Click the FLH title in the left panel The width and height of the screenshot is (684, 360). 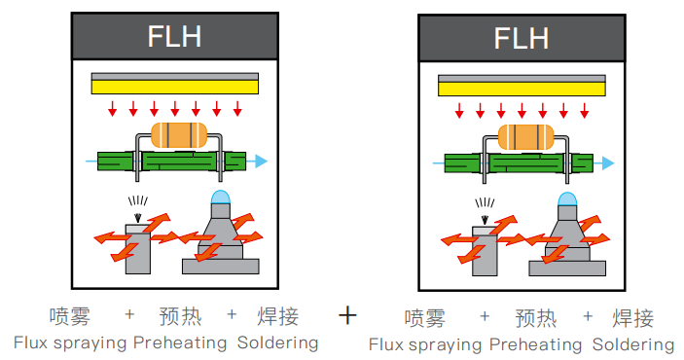(174, 36)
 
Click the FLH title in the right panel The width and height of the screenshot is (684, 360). (522, 38)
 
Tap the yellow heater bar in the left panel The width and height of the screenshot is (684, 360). (175, 87)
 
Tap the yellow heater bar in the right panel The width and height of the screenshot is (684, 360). (522, 89)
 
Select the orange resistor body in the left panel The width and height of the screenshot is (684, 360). (179, 135)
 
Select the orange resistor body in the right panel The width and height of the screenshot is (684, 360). (525, 137)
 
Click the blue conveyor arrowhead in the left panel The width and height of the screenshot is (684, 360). (261, 161)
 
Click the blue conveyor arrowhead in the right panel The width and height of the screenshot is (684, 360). (608, 163)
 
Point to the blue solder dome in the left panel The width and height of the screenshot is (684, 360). (220, 197)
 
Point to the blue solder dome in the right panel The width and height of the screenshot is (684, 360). (567, 199)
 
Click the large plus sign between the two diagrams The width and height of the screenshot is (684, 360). (347, 315)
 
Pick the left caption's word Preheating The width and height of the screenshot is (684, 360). (180, 343)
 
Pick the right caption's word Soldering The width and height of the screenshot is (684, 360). (633, 344)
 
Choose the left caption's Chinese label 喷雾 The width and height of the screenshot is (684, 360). (70, 316)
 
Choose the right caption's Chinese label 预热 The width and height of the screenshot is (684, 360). (536, 318)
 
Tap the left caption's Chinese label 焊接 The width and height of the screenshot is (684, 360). (278, 316)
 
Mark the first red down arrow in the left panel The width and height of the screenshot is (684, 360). (113, 109)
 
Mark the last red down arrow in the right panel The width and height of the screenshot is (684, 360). (585, 111)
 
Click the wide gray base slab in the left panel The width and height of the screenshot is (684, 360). (221, 267)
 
